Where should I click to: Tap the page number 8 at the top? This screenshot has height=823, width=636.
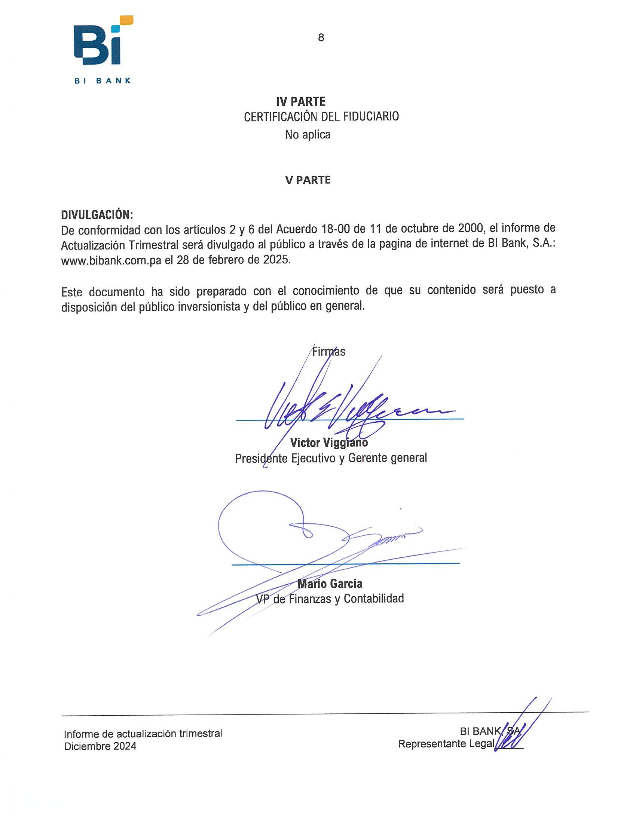[x=321, y=38]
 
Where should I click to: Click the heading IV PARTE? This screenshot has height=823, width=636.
[x=301, y=101]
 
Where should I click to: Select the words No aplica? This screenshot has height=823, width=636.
[x=308, y=135]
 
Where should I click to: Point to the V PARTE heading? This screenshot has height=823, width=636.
[x=308, y=180]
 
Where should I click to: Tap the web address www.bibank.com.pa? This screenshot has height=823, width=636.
[x=111, y=260]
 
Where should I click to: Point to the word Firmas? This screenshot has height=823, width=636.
[x=328, y=352]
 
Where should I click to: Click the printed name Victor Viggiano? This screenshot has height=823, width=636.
[x=328, y=443]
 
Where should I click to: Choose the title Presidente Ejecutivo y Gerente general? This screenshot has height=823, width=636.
[x=331, y=458]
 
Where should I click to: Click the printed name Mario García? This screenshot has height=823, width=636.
[x=330, y=584]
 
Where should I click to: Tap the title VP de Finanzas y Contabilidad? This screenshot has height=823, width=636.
[x=330, y=599]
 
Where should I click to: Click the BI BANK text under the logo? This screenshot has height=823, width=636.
[x=103, y=81]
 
